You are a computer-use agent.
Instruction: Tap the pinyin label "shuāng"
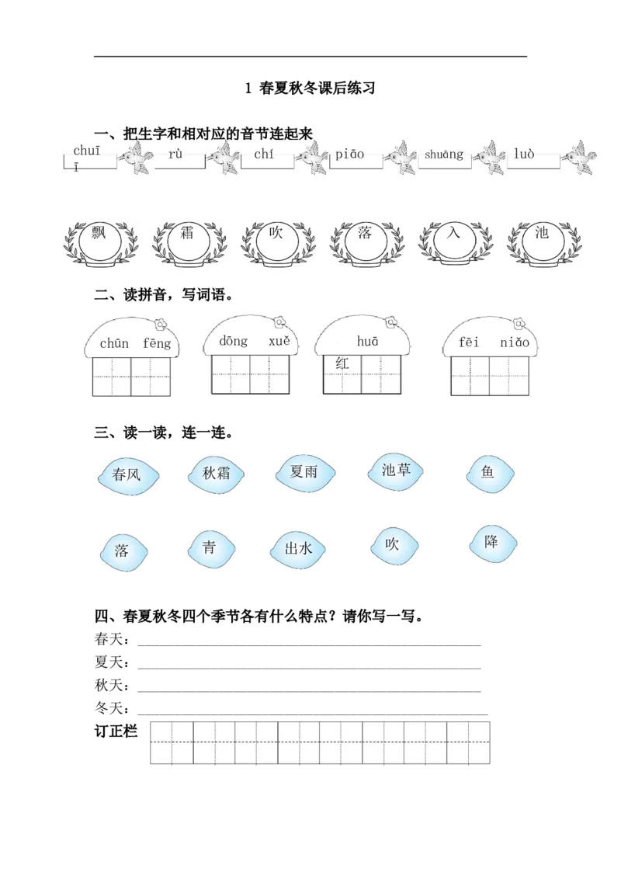444,155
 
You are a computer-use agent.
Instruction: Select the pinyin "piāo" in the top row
350,154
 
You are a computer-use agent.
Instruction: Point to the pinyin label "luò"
524,154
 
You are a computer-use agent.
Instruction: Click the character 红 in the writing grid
342,363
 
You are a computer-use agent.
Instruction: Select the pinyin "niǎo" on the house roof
515,342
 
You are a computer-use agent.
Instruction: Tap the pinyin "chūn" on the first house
114,342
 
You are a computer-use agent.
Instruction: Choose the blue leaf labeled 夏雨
304,471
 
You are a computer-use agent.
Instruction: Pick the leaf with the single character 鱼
487,471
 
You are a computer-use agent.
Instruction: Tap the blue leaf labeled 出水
298,549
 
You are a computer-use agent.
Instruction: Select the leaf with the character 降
491,542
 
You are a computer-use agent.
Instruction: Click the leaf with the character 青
210,547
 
